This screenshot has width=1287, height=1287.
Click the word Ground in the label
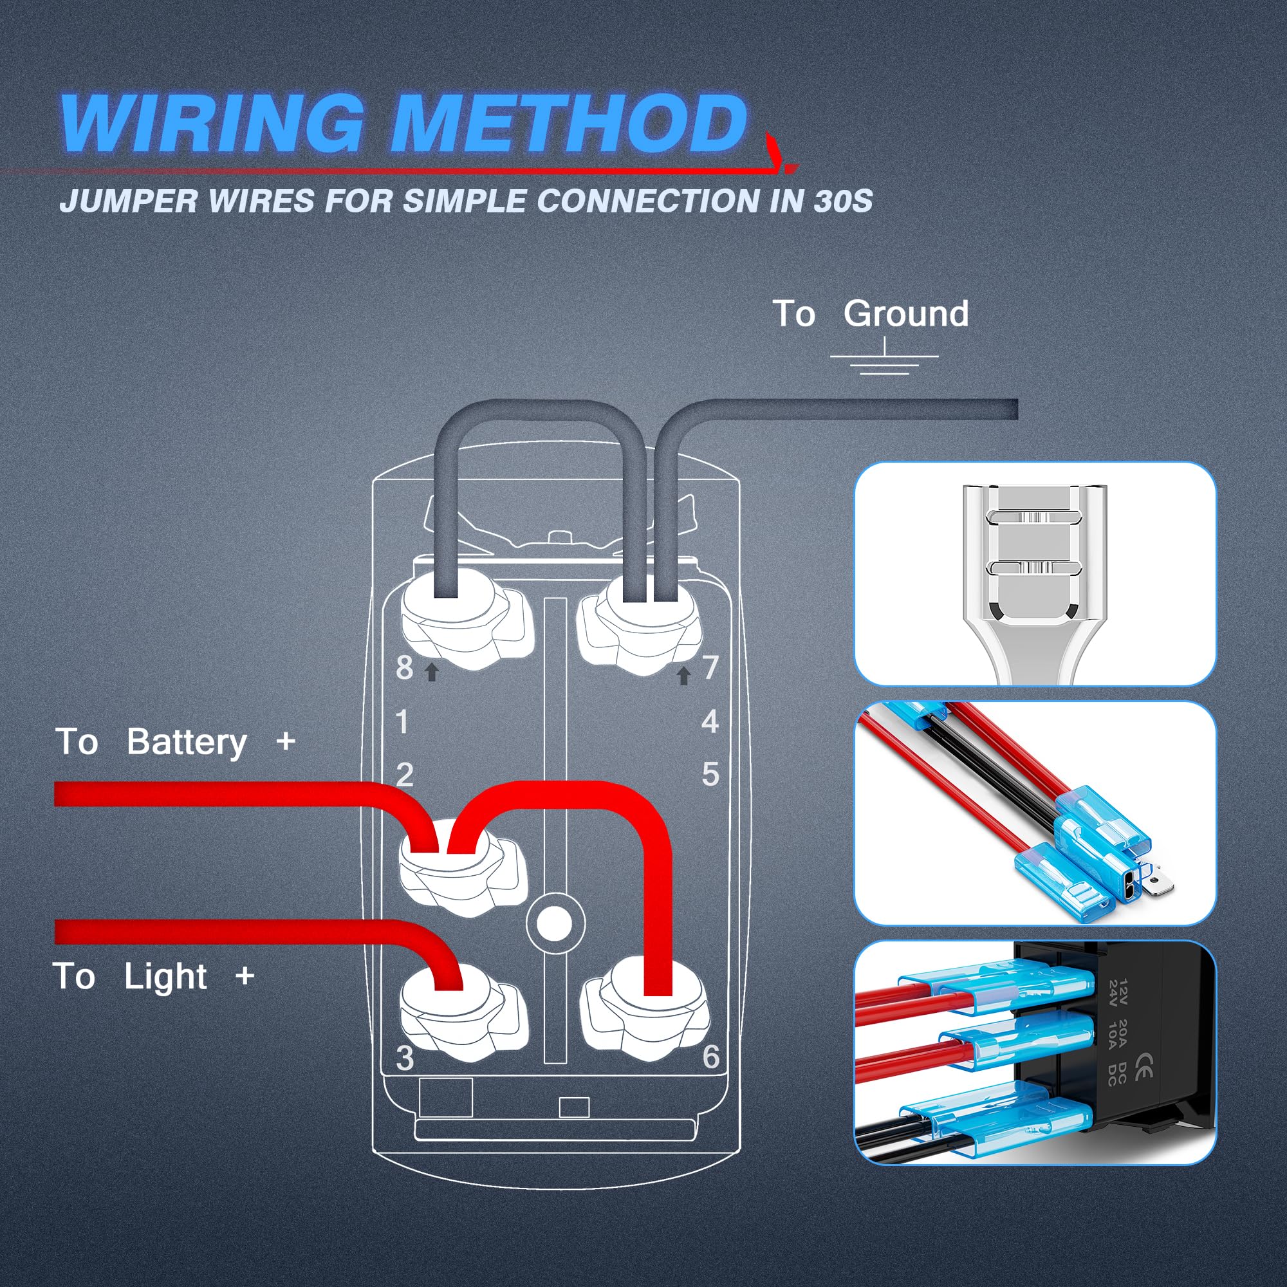(905, 314)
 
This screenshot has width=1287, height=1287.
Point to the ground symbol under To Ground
(884, 360)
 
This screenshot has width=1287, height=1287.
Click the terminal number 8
(404, 667)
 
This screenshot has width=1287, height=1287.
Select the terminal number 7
(711, 667)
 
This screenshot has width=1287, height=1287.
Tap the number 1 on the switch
(402, 722)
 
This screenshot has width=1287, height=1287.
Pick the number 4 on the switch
(710, 722)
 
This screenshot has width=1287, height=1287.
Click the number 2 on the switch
(404, 775)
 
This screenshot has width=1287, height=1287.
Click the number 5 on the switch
(710, 775)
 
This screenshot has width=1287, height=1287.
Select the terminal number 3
(404, 1059)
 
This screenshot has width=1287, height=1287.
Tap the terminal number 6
(711, 1057)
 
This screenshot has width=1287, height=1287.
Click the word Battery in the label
(187, 742)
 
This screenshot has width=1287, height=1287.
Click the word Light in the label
(165, 977)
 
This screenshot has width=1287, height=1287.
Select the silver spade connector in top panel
(1034, 573)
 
